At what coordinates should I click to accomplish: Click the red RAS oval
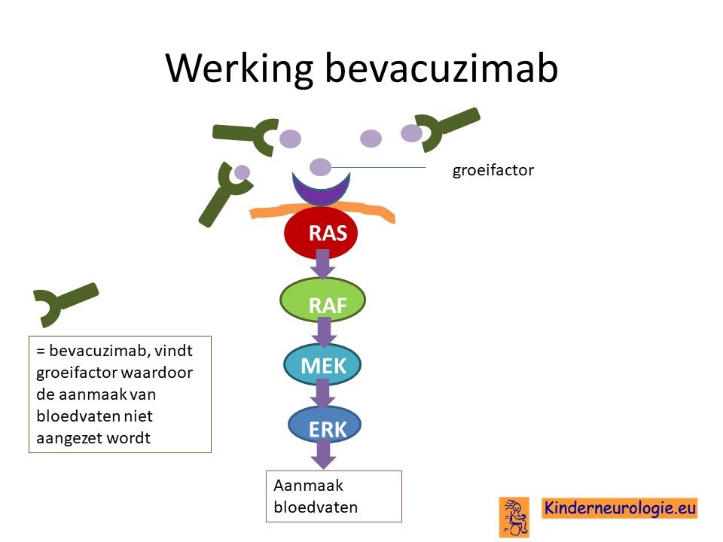(321, 233)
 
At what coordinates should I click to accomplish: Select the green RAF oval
(323, 300)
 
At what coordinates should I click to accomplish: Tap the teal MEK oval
(322, 364)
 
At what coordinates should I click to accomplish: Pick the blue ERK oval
(324, 425)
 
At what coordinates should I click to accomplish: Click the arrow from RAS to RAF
(322, 264)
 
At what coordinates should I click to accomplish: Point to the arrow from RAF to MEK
(324, 332)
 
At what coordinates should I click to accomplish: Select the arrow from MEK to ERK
(323, 394)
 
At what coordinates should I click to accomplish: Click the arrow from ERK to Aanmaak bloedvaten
(323, 455)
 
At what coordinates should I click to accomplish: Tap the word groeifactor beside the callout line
(493, 170)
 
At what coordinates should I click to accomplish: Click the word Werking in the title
(239, 69)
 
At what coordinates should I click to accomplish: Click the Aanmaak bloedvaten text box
(334, 496)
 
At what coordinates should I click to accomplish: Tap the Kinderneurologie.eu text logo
(619, 508)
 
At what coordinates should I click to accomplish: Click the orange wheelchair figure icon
(514, 517)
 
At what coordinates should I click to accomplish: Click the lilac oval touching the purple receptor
(321, 167)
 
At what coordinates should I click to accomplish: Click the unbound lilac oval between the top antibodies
(371, 139)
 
